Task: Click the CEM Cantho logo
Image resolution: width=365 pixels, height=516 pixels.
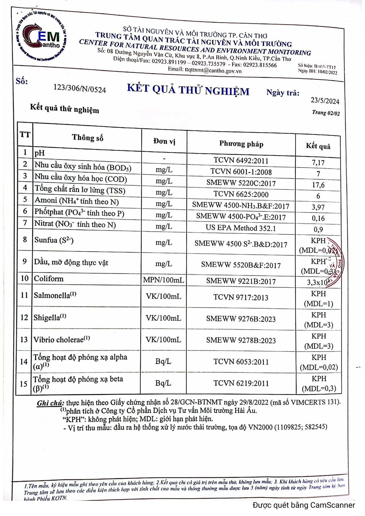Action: (x=41, y=37)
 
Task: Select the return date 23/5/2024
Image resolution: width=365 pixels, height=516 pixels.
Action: (x=325, y=101)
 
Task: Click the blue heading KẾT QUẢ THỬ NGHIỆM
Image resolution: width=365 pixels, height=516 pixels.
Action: (x=188, y=90)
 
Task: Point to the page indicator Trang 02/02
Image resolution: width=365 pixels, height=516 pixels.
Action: (x=326, y=113)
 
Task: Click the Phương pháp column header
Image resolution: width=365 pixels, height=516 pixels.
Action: (x=241, y=144)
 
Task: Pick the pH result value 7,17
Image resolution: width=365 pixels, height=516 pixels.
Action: (x=318, y=163)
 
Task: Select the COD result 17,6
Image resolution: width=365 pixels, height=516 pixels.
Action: (x=318, y=185)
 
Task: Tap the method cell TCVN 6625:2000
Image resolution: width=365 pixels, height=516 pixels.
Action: (x=241, y=194)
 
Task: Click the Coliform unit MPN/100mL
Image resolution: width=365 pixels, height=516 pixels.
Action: (x=164, y=280)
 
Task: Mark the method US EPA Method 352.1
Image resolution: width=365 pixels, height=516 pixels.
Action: (x=241, y=228)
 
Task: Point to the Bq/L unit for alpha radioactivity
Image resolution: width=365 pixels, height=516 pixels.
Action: (x=163, y=362)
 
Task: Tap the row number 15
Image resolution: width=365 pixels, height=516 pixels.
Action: (x=24, y=384)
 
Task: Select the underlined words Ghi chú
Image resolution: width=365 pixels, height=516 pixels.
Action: (x=50, y=403)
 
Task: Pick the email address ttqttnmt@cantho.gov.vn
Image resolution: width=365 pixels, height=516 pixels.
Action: (x=213, y=71)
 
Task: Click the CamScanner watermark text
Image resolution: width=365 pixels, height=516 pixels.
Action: (x=304, y=505)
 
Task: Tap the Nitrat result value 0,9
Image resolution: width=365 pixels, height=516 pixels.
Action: (x=318, y=229)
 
